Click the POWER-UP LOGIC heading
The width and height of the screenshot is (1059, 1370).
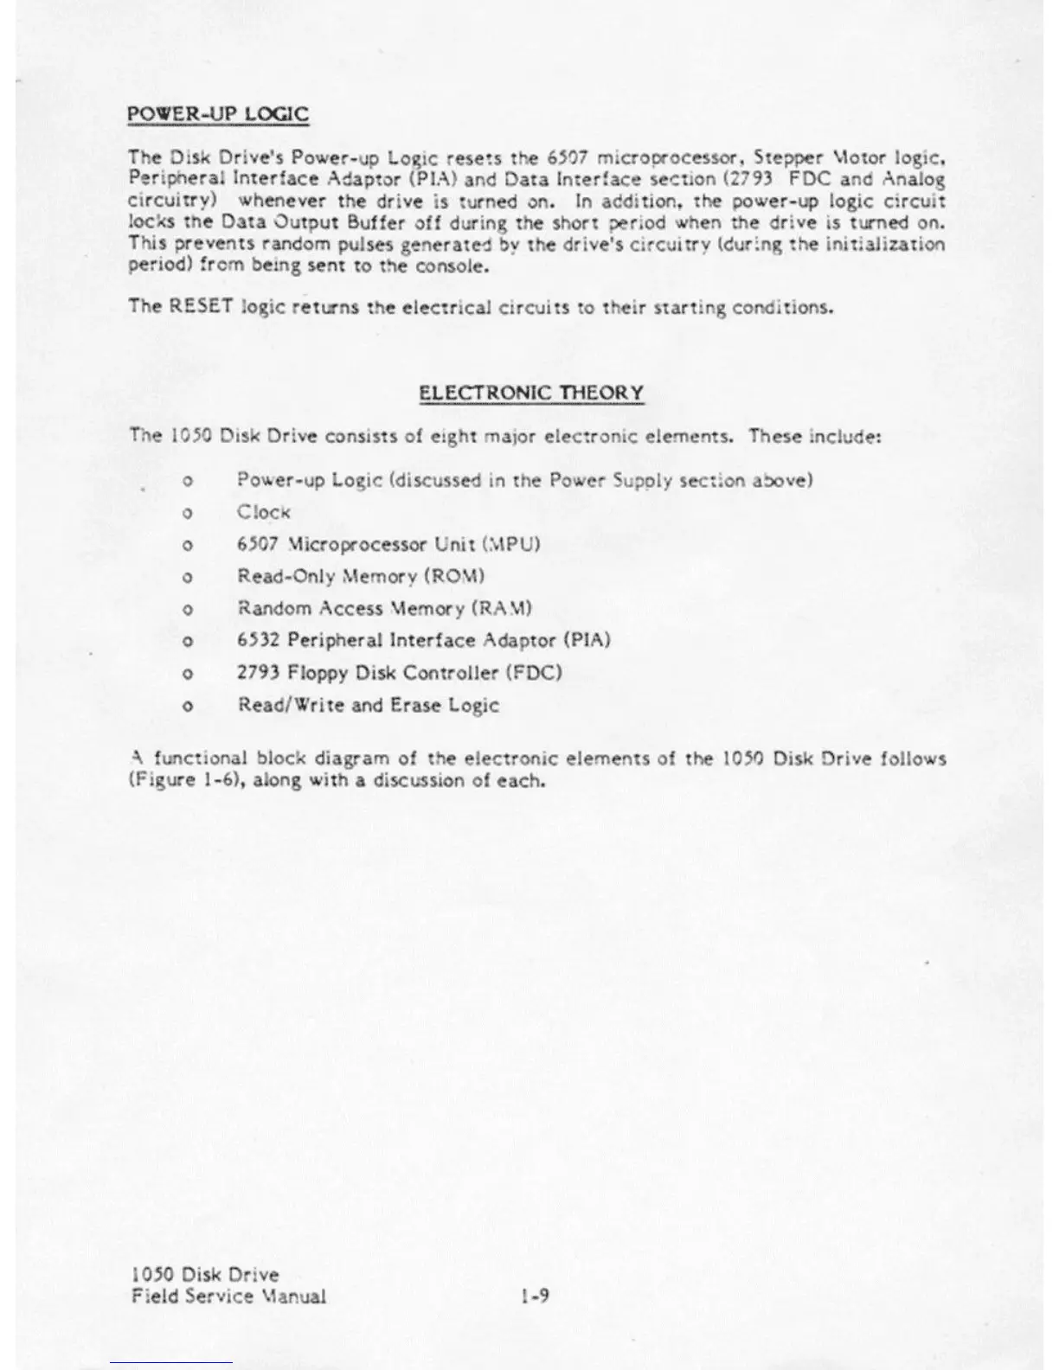[x=217, y=115]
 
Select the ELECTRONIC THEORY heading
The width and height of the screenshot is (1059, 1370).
[x=531, y=393]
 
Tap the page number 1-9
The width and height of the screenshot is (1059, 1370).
[x=536, y=1296]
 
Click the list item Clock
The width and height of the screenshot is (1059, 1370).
[x=264, y=512]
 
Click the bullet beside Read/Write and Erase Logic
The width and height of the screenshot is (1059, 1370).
[x=187, y=706]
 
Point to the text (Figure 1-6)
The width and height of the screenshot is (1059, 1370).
[x=179, y=780]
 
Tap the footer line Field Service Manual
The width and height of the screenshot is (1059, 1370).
[x=228, y=1296]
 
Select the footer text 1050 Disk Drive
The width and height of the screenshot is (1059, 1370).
[x=205, y=1275]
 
